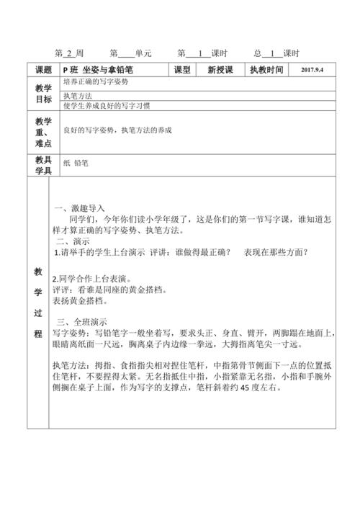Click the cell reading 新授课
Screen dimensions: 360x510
pos(220,70)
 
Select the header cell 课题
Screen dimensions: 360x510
pos(44,70)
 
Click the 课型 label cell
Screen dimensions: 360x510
pos(182,70)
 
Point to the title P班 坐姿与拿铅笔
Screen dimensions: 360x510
pos(99,70)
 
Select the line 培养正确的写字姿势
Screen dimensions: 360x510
pos(99,83)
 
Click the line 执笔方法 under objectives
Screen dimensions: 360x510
pos(78,95)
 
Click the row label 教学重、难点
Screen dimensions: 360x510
pos(44,132)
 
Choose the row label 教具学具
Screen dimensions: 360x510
pos(44,165)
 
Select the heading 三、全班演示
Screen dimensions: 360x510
pos(81,321)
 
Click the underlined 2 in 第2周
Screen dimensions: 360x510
pos(69,53)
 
